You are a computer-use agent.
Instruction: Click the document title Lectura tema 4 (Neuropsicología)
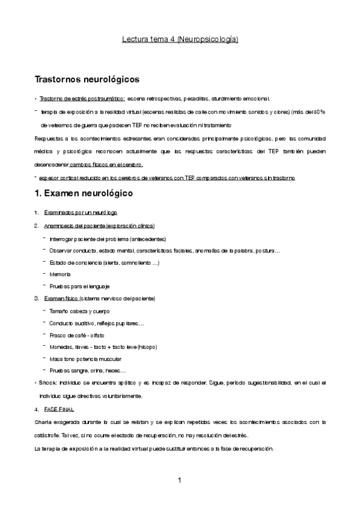tap(180, 40)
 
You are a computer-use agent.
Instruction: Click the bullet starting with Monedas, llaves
tap(103, 346)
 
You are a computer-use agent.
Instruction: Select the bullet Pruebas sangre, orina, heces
tap(87, 370)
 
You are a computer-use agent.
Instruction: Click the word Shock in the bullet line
tap(49, 383)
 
